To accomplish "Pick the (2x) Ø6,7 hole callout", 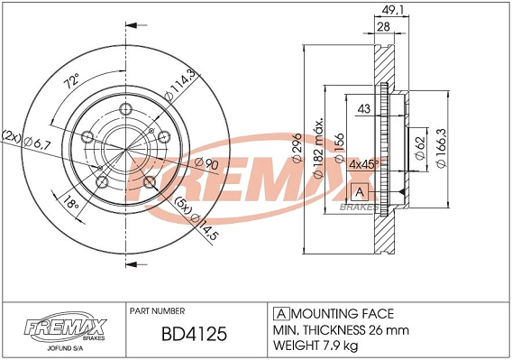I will [29, 138].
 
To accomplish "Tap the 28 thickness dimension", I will [383, 28].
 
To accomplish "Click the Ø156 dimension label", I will [338, 146].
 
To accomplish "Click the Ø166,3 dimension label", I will [443, 145].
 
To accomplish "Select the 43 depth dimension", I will [365, 110].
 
